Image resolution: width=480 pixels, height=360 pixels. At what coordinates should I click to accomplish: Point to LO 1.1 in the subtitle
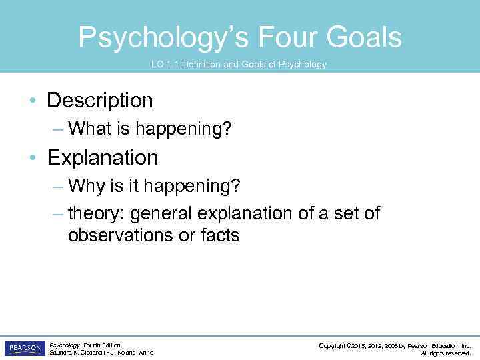pos(165,65)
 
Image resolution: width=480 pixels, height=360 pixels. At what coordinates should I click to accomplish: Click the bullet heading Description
pos(100,101)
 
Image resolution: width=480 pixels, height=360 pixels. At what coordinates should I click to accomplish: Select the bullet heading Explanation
pos(103,158)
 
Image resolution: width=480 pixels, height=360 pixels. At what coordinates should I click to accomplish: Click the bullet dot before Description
pos(33,101)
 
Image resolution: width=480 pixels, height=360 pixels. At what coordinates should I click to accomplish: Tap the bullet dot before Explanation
pos(33,159)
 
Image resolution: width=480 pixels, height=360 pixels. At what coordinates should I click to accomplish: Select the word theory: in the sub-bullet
pos(97,213)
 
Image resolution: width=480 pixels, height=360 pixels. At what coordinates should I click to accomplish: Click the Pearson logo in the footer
pos(25,349)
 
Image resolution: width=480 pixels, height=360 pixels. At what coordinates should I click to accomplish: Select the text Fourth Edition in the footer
pos(103,345)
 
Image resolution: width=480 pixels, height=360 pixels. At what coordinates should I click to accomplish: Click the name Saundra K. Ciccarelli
pos(78,353)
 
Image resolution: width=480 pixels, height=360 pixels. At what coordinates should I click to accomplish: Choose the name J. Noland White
pos(132,353)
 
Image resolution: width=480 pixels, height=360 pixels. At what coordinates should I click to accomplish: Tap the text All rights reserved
pos(446,353)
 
